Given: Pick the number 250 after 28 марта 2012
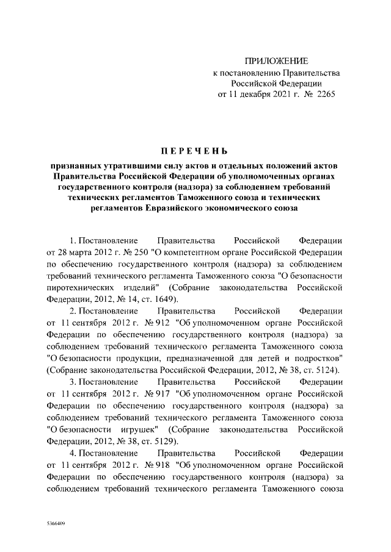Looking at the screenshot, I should click(147, 252).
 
